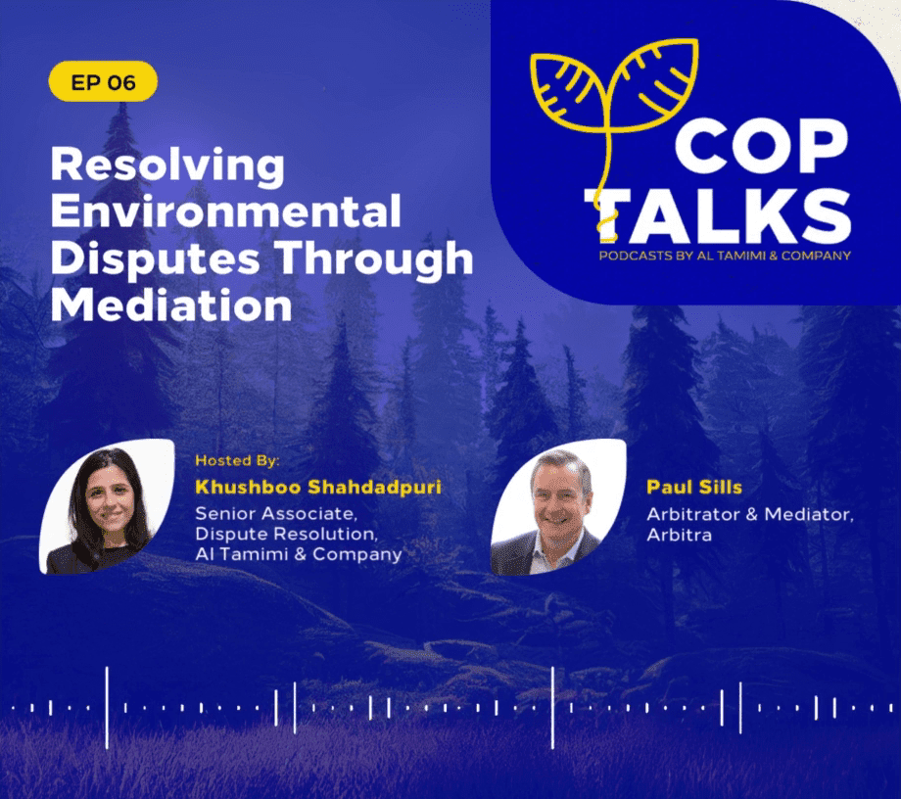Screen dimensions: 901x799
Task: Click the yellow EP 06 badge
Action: point(103,81)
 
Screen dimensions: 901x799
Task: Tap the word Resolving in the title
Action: point(167,166)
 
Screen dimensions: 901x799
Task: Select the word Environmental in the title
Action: point(226,211)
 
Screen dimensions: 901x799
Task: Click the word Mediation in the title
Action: point(171,304)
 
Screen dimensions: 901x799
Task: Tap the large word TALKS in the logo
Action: point(718,216)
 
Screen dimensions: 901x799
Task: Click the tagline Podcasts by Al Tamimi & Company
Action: point(725,256)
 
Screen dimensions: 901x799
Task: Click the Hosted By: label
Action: point(237,460)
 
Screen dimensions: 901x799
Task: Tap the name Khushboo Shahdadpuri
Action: point(318,487)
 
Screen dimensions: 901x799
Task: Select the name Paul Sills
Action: point(694,487)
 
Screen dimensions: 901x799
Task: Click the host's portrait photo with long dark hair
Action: point(107,506)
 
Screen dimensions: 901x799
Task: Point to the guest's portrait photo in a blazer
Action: point(558,507)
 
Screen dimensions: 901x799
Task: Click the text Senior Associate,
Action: point(276,513)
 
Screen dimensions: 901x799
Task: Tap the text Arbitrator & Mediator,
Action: point(750,513)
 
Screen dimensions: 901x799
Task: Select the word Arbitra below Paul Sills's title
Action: point(680,535)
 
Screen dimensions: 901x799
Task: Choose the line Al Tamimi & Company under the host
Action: point(299,554)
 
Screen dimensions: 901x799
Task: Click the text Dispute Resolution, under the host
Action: point(287,534)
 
